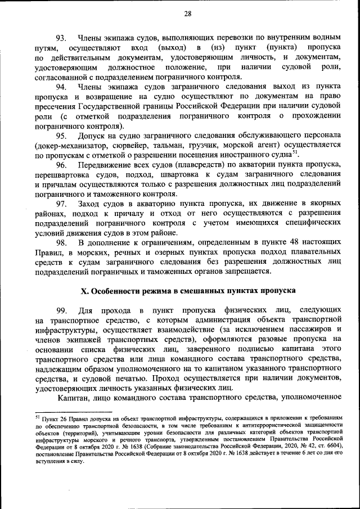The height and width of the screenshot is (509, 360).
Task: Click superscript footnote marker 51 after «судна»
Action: click(x=296, y=152)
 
